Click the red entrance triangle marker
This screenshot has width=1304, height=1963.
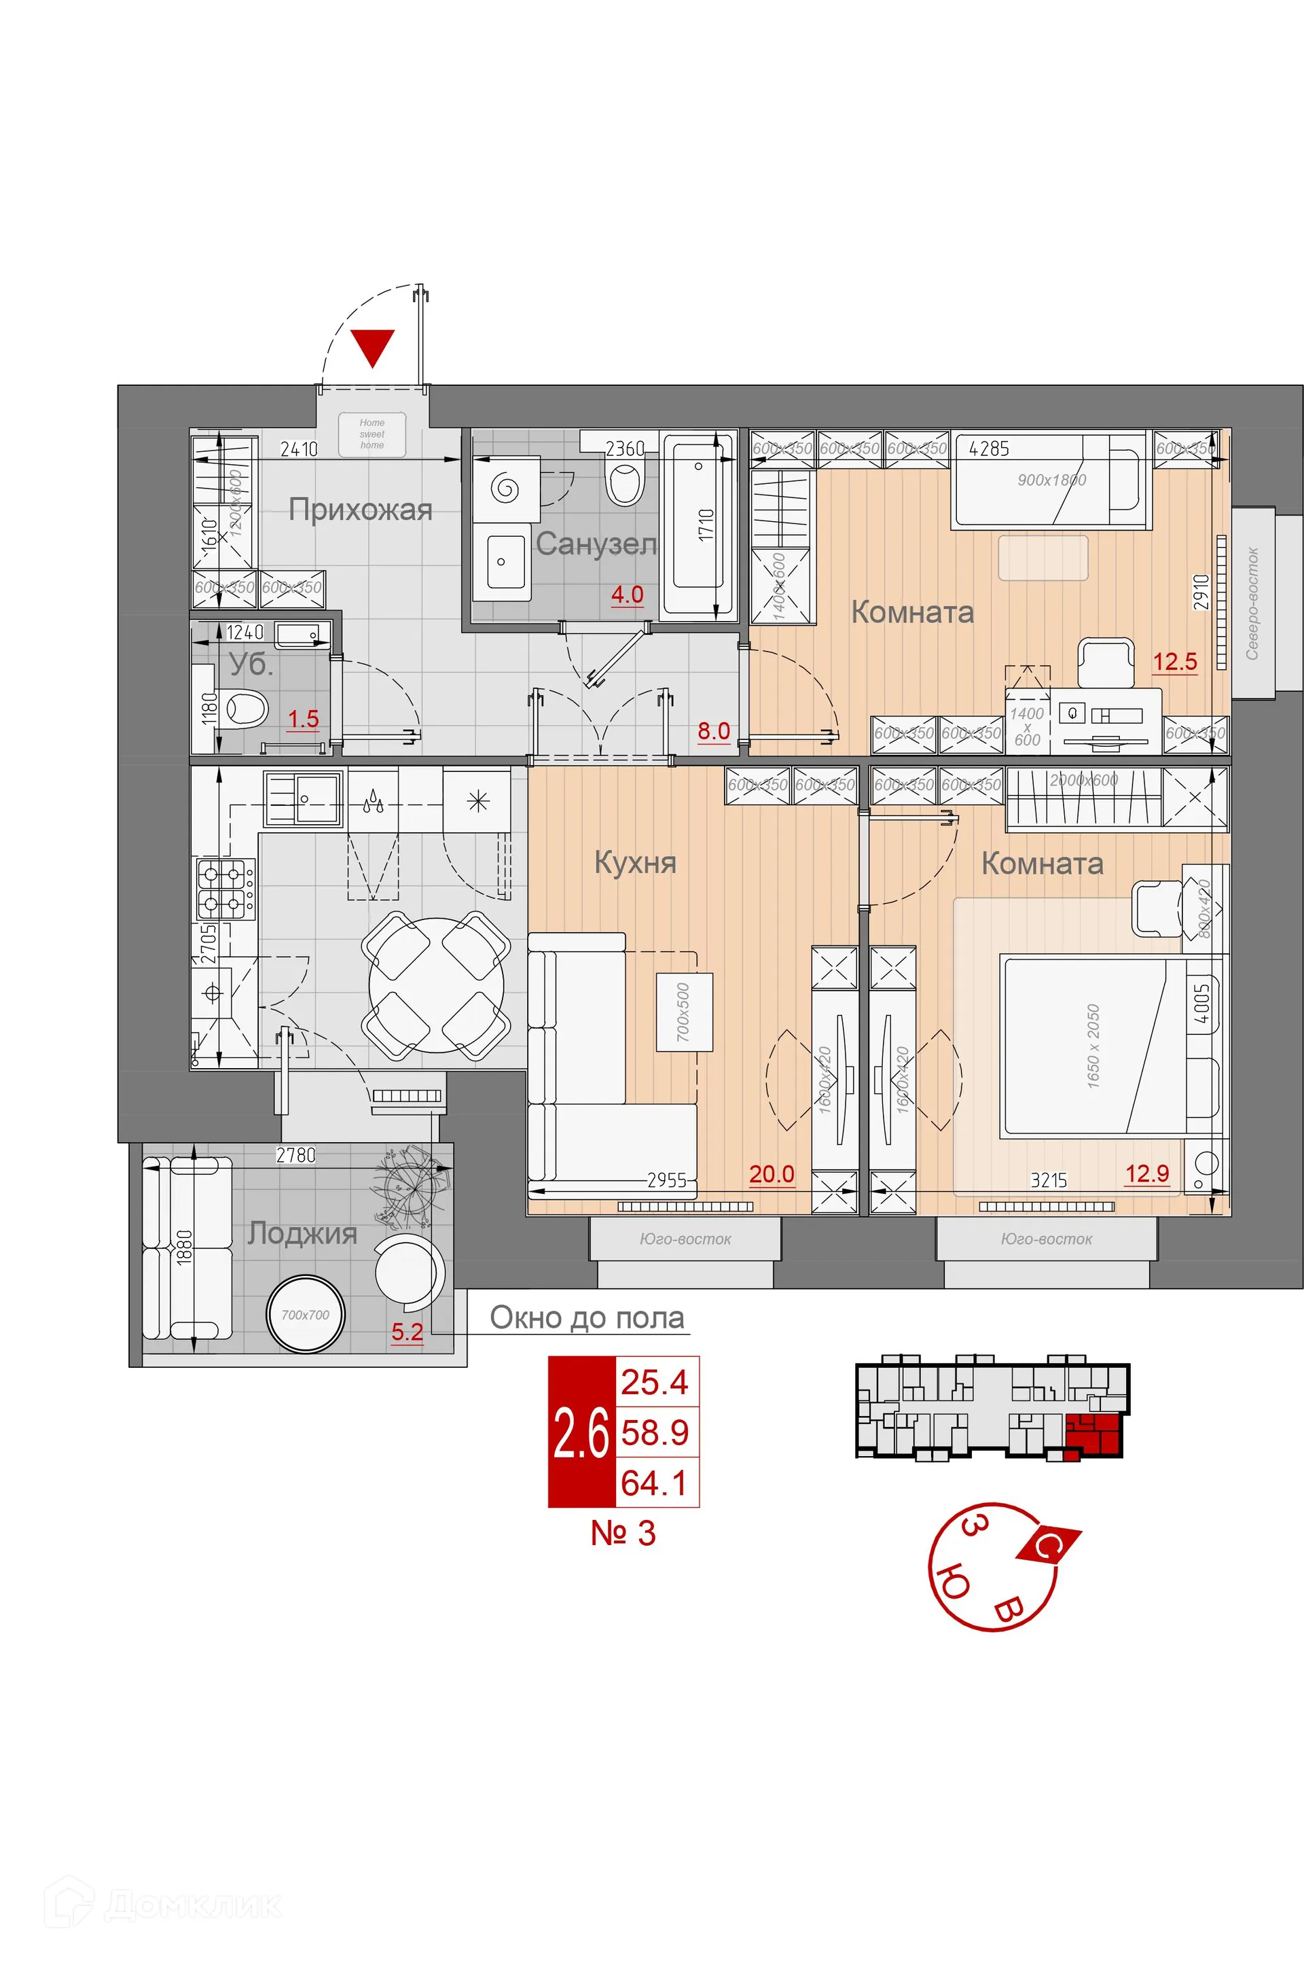point(372,347)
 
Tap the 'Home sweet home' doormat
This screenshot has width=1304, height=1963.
point(372,434)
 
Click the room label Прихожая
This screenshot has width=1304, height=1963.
point(360,510)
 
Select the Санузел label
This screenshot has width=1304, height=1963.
point(596,544)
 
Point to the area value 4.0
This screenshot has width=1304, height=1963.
point(627,595)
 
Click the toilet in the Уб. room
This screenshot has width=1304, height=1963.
point(246,709)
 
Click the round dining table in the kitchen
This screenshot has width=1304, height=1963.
point(436,986)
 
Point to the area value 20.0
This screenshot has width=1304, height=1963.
point(771,1175)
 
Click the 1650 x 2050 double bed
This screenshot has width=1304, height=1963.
point(1092,1046)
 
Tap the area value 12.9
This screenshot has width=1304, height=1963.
point(1147,1173)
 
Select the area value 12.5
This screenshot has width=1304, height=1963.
point(1174,662)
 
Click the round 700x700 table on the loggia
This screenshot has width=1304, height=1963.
point(305,1315)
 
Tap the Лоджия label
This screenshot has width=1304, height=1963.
point(302,1233)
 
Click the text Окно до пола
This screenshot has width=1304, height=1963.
point(586,1317)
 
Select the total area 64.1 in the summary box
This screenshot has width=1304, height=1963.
point(655,1483)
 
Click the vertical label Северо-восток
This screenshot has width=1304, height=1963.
point(1252,604)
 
